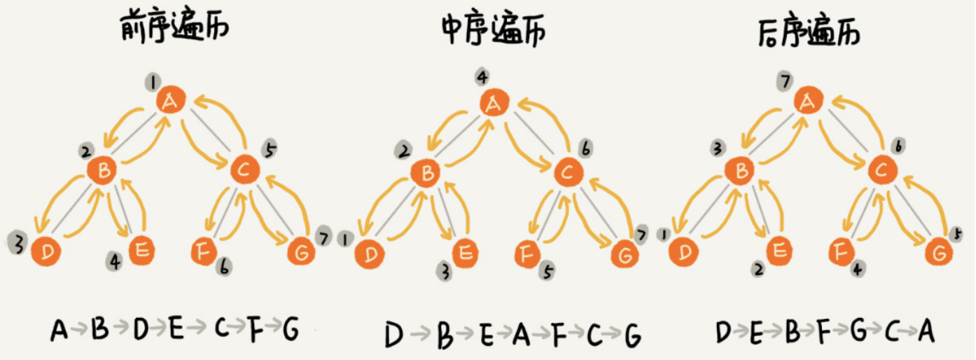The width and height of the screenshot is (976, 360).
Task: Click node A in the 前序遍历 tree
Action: [170, 102]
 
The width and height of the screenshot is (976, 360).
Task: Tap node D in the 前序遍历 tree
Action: [46, 251]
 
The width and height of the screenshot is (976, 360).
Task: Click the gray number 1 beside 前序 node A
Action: [151, 81]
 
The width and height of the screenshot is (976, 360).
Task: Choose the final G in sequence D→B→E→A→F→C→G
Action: [632, 335]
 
